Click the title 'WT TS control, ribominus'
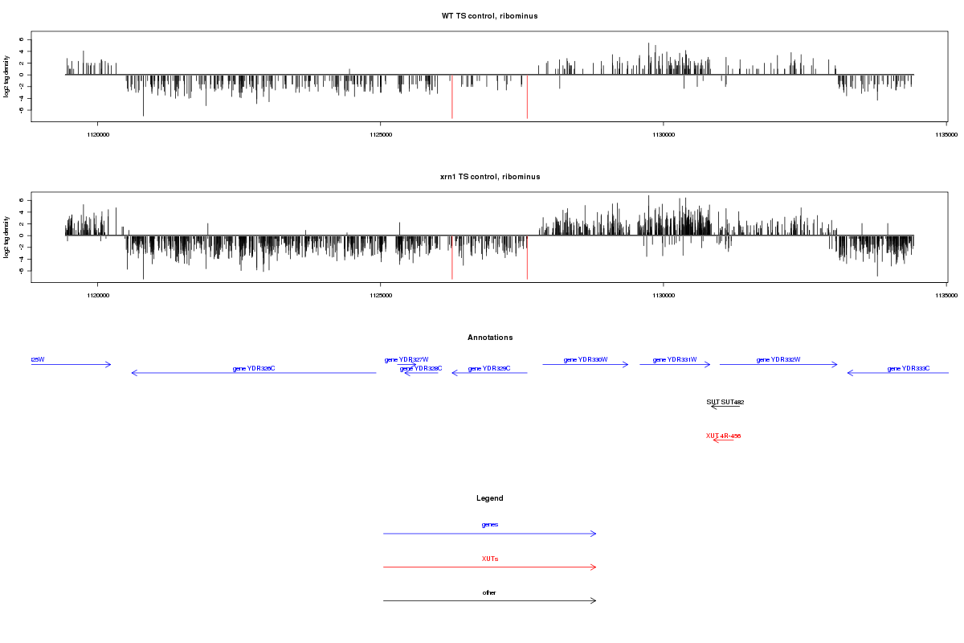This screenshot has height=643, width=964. coord(489,16)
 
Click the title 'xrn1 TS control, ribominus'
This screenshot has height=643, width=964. coord(489,177)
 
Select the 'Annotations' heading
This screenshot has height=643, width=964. coord(489,338)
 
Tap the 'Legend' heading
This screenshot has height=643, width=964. coord(489,498)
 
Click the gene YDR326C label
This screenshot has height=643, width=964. coord(254,369)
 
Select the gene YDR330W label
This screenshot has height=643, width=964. coord(585,360)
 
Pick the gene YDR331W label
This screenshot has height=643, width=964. coord(675,360)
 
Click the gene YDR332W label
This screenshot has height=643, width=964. coord(778,360)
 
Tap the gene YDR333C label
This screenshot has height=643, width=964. coord(909,369)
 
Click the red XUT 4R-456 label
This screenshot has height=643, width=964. coord(723,436)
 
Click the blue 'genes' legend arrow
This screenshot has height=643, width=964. coord(489,533)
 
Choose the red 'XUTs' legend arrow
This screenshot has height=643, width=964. coord(489,567)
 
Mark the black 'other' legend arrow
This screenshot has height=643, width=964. coord(489,600)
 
